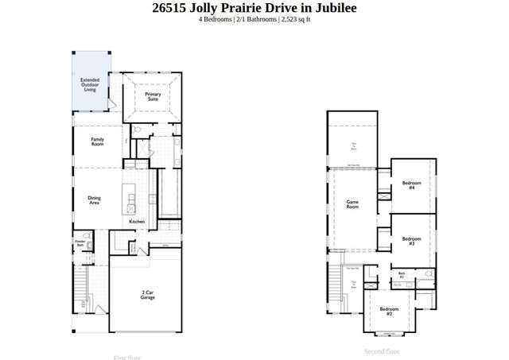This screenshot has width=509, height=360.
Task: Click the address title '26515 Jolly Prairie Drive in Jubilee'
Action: (x=254, y=8)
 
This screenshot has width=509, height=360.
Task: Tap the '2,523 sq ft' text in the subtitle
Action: (x=290, y=20)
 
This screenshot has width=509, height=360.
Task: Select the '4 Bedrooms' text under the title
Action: (x=216, y=20)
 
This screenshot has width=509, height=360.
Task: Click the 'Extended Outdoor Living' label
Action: (x=90, y=85)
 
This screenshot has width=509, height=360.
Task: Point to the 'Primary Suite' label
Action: (x=153, y=97)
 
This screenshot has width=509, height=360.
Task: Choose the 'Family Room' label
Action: (x=97, y=141)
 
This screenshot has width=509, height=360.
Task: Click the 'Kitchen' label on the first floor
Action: (x=137, y=222)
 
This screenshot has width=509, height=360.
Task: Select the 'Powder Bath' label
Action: (x=80, y=243)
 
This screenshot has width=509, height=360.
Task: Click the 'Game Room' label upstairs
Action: (x=352, y=204)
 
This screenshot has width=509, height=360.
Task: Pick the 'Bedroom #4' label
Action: (x=412, y=185)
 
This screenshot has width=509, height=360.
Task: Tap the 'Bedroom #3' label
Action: (x=410, y=241)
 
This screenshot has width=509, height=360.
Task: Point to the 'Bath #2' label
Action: (x=402, y=275)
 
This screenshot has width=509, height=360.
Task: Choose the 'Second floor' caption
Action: (x=382, y=350)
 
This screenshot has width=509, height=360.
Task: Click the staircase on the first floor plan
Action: (x=80, y=291)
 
